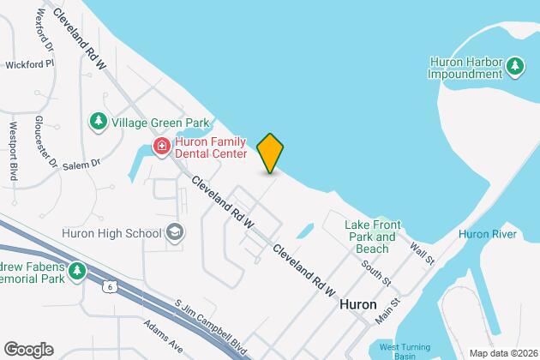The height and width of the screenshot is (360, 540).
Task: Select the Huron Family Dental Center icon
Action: point(160,147)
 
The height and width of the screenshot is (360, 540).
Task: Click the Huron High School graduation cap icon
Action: point(175,232)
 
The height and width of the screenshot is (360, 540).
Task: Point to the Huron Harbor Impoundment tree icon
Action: point(514,66)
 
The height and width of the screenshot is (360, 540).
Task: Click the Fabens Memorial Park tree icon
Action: point(78,272)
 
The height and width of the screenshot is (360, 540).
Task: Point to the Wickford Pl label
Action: point(30,63)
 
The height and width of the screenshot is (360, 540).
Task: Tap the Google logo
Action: point(27,348)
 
